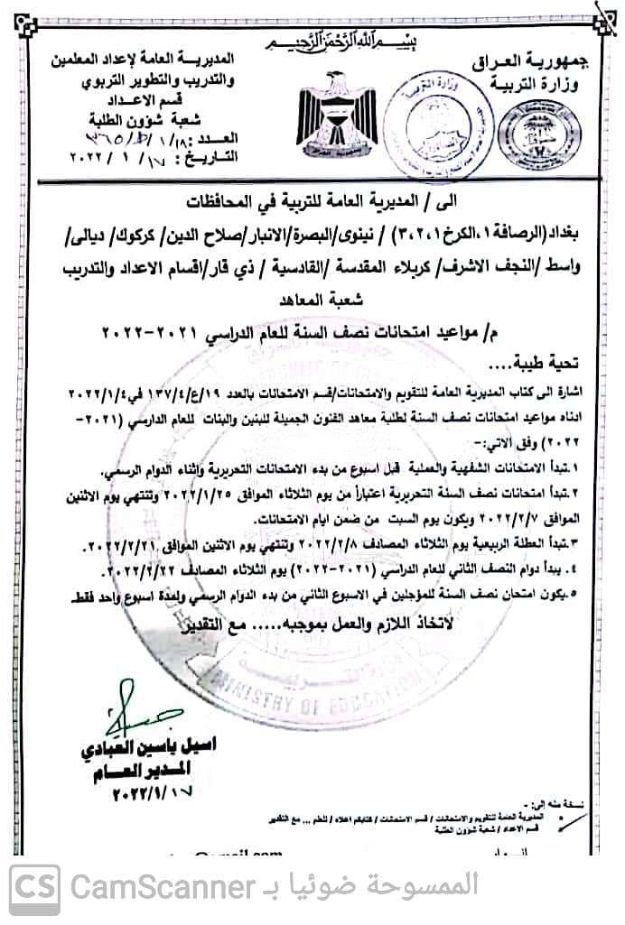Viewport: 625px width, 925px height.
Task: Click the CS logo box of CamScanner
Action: click(x=35, y=890)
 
